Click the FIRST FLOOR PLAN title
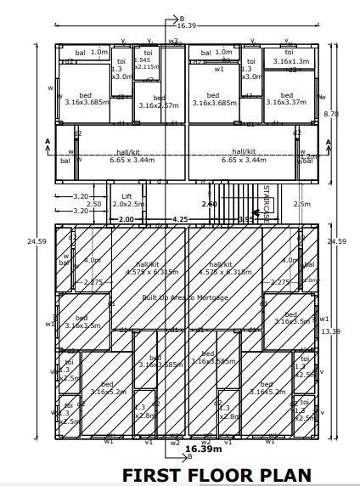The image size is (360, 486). (217, 474)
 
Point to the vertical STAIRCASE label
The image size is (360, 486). (266, 203)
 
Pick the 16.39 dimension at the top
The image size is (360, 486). (187, 26)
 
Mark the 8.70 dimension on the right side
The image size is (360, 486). (332, 113)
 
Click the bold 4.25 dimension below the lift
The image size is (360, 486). (180, 219)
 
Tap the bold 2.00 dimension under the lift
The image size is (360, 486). (126, 219)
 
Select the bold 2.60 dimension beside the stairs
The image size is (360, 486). (209, 204)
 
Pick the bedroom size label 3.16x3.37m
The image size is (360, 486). (286, 102)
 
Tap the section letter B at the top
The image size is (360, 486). (181, 17)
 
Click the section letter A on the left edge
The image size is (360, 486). (48, 141)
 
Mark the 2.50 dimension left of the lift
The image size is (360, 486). (93, 204)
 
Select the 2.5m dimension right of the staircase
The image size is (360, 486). (301, 204)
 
